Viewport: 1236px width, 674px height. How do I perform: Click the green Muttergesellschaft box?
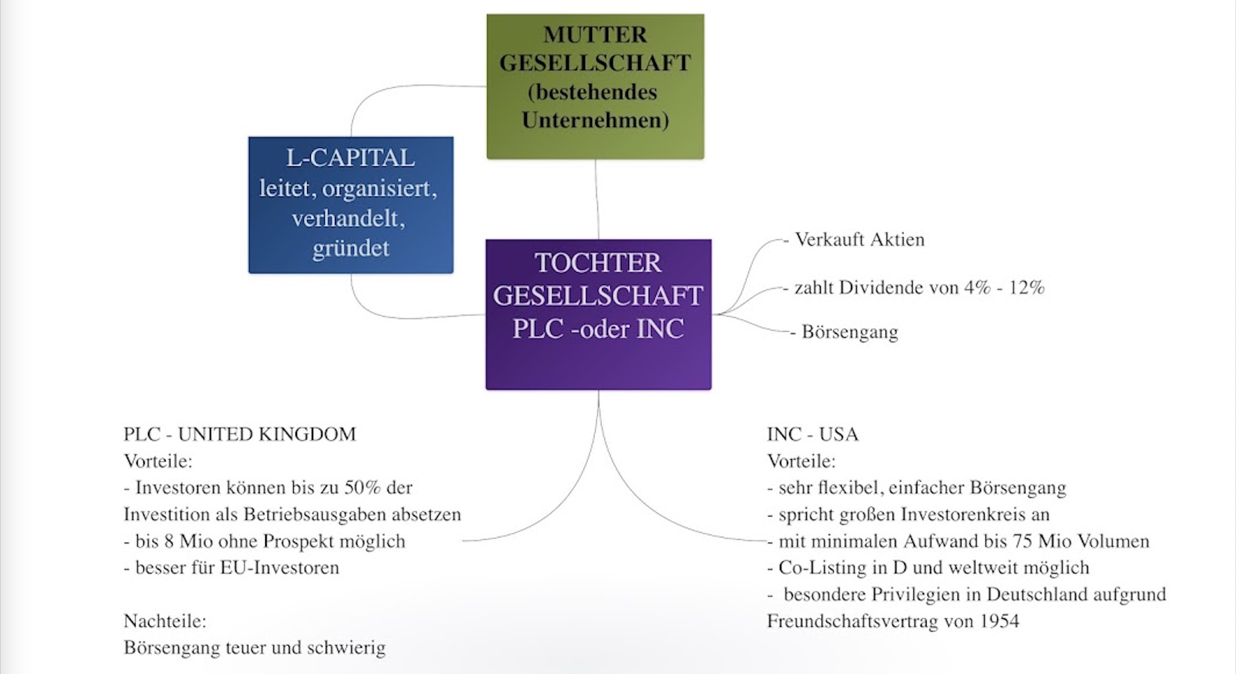click(595, 87)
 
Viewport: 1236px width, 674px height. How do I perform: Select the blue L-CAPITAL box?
click(350, 205)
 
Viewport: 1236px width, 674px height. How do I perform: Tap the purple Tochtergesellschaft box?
click(598, 314)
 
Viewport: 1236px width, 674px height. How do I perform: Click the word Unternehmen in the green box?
click(595, 120)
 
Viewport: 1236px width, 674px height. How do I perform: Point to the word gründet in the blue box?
click(351, 249)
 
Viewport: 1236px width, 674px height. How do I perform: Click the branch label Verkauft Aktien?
click(859, 239)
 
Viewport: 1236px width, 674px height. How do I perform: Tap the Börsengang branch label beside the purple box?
click(850, 332)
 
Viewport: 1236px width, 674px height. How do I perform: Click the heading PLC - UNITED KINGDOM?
click(240, 434)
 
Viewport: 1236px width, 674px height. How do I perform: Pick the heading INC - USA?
click(812, 434)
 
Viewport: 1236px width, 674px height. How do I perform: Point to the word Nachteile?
click(165, 621)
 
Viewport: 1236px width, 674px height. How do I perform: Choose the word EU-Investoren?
click(280, 568)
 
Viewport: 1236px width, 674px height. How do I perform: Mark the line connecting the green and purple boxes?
click(597, 200)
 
